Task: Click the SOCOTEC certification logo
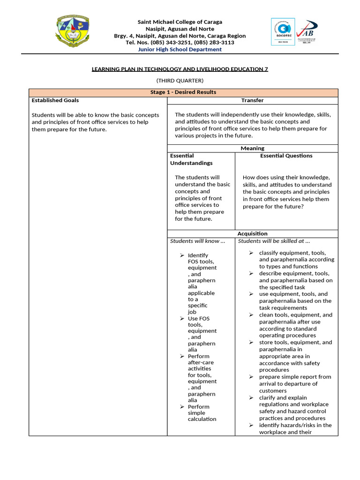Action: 283,32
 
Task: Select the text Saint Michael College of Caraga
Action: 180,22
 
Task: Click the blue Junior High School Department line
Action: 180,49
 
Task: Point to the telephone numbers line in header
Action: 180,42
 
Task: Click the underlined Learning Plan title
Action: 180,69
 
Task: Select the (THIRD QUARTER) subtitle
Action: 180,81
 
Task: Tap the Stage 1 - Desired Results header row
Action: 183,92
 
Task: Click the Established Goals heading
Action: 55,100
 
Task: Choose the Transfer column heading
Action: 252,100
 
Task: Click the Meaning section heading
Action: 252,148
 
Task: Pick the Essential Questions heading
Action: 286,156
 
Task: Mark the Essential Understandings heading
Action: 191,159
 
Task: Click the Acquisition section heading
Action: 252,233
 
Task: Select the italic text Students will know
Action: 197,241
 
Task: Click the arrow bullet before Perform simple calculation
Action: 182,407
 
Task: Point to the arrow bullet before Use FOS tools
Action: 182,319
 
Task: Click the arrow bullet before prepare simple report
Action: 251,377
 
